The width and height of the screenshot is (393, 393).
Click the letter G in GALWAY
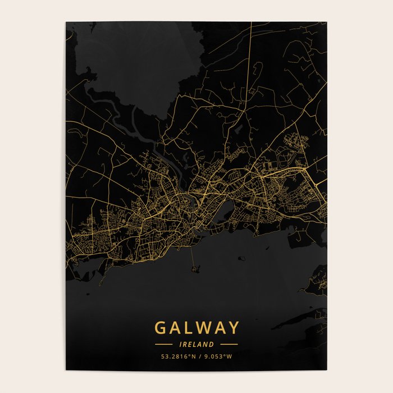point(160,328)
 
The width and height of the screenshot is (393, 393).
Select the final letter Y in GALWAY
point(233,328)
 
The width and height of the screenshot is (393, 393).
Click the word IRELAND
point(196,344)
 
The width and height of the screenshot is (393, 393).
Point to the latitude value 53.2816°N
point(176,356)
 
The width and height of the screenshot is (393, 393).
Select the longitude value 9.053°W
point(218,356)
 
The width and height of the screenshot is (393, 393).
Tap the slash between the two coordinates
point(198,356)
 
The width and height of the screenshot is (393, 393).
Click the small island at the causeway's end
point(196,271)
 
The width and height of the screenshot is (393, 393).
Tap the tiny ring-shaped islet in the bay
point(241,259)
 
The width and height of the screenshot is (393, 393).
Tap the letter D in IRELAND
point(212,344)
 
